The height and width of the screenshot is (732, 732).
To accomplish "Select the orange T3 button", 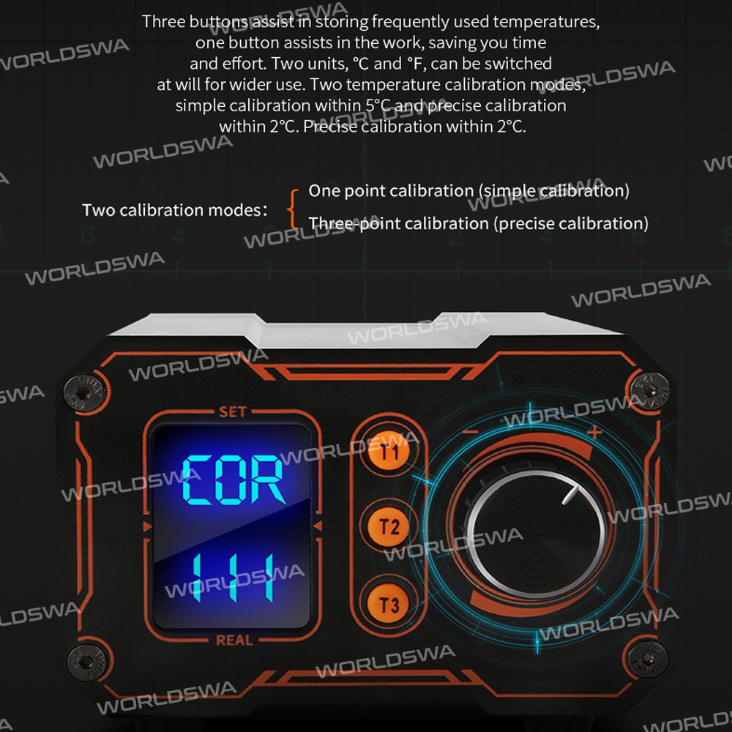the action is [389, 605].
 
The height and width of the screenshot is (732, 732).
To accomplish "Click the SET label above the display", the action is [233, 411].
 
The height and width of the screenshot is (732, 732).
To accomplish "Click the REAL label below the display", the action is [234, 640].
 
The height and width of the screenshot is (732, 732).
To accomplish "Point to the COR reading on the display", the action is [234, 480].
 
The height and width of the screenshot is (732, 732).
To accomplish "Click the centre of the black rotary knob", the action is [537, 534].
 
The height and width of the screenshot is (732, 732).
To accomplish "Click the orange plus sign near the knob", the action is [594, 432].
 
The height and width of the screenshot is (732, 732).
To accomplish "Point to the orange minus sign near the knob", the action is [471, 432].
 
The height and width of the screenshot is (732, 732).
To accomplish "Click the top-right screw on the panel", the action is [649, 390].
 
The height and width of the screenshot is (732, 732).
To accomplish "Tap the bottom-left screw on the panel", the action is [87, 662].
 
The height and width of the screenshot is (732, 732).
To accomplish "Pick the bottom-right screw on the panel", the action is [646, 660].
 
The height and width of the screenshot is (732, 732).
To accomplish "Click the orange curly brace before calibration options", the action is [293, 209].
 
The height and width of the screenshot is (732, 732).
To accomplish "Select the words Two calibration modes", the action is [176, 210].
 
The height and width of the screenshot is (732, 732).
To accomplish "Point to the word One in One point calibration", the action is [321, 190].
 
